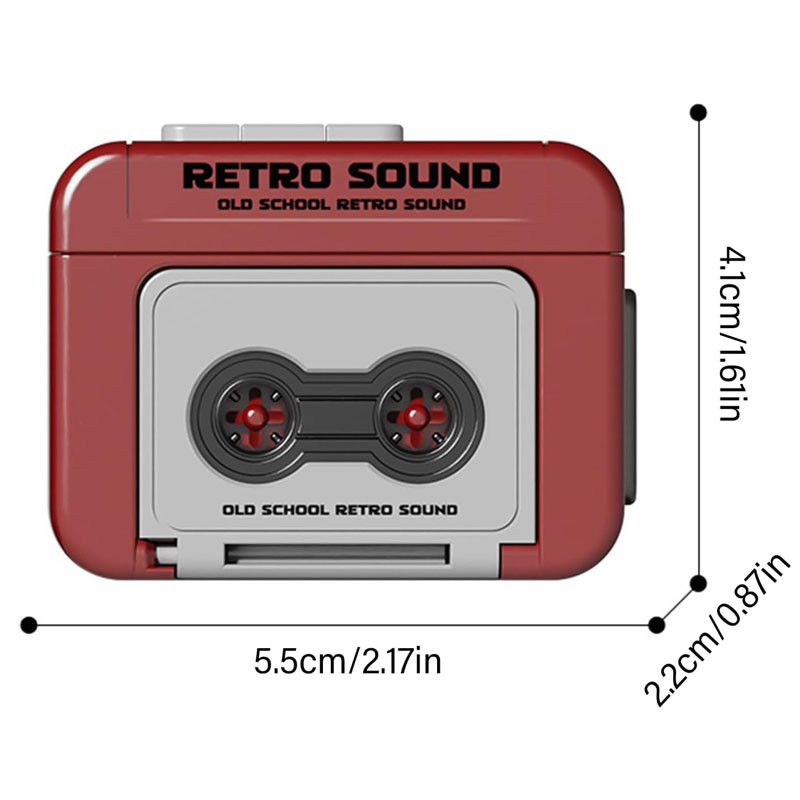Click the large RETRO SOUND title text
click(341, 175)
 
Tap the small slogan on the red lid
click(341, 205)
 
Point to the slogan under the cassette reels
click(339, 509)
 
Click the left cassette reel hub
click(256, 414)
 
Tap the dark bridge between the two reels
click(337, 414)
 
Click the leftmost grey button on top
click(200, 132)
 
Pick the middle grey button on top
click(282, 132)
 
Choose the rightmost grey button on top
click(364, 132)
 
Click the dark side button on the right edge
click(630, 395)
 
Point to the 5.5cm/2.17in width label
click(347, 661)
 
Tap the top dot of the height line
click(698, 112)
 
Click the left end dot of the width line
click(28, 625)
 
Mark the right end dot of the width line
click(656, 625)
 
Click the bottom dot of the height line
click(699, 583)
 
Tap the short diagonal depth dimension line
click(677, 604)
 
